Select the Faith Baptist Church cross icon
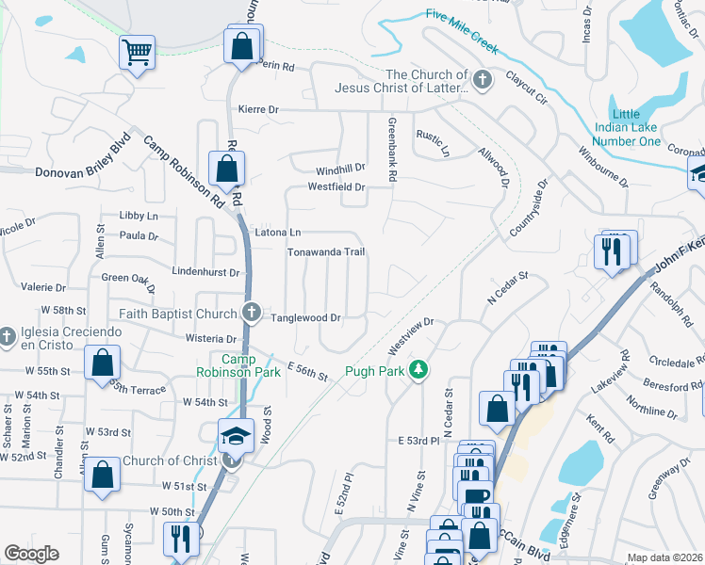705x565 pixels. click(251, 313)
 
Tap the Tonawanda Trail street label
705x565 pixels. click(325, 252)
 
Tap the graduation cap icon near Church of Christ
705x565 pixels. click(236, 435)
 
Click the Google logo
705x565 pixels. click(31, 554)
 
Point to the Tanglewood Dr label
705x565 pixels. click(305, 318)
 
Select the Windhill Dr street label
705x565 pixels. click(339, 169)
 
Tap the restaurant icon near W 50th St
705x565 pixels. click(177, 538)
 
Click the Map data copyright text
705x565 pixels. click(664, 557)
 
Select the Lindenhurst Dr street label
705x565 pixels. click(206, 271)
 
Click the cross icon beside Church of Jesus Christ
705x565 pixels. click(483, 80)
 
